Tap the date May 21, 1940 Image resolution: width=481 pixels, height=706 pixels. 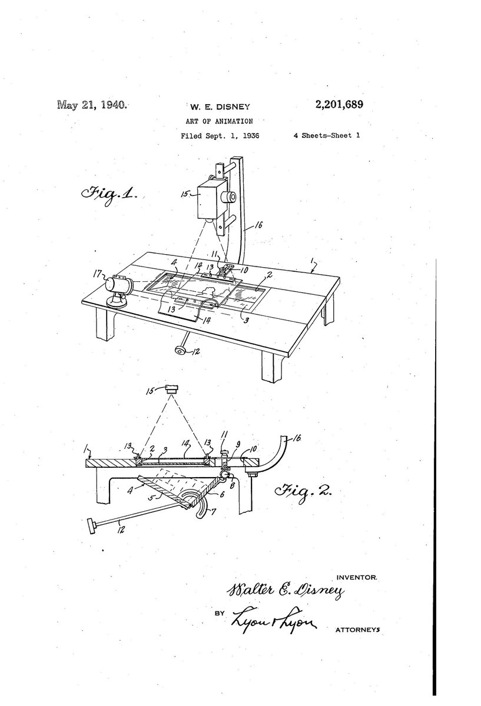[x=91, y=105]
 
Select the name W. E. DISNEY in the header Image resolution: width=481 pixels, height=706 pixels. [x=219, y=107]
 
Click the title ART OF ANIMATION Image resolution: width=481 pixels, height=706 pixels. [x=218, y=121]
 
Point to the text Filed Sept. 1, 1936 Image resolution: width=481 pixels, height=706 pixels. [x=220, y=136]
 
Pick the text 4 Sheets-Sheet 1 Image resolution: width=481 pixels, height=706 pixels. [x=326, y=136]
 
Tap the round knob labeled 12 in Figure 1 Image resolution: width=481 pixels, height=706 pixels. [x=179, y=351]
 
